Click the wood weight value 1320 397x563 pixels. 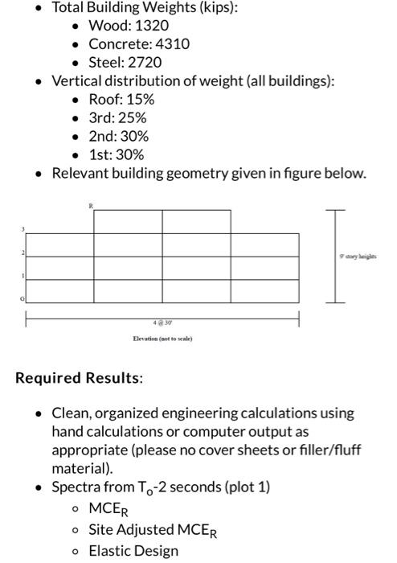tap(152, 26)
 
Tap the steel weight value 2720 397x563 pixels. tap(144, 62)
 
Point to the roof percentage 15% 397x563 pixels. tap(137, 99)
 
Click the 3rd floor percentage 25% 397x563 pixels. tap(131, 117)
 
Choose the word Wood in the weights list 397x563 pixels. tap(107, 26)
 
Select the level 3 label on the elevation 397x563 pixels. tap(23, 230)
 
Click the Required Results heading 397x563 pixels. tap(80, 377)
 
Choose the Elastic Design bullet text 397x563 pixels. tap(133, 551)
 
